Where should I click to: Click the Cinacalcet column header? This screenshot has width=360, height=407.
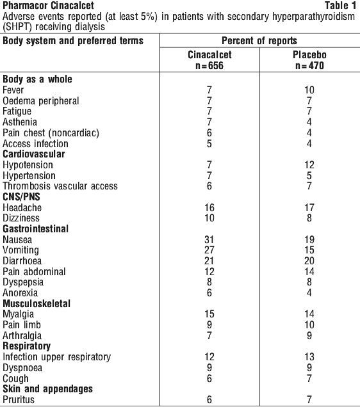click(209, 60)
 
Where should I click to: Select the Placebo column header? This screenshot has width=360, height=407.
click(309, 60)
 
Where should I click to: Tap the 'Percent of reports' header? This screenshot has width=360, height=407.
click(259, 41)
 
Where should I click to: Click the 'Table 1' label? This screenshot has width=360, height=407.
click(340, 6)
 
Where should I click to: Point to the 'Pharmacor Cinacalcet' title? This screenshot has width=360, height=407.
click(48, 6)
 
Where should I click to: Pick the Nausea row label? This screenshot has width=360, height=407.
click(17, 239)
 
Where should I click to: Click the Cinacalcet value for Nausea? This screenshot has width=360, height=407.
click(209, 239)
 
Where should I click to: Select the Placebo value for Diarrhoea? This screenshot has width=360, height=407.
click(309, 261)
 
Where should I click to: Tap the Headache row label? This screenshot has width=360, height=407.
click(22, 207)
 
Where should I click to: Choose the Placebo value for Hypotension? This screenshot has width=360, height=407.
click(309, 165)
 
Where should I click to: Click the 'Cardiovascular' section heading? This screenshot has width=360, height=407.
click(34, 154)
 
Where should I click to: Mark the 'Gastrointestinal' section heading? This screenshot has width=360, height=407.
click(36, 229)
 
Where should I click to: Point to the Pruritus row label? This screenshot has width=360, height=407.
click(19, 399)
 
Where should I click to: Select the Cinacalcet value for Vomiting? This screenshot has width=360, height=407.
click(209, 250)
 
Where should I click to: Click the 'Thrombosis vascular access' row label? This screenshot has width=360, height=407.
click(60, 186)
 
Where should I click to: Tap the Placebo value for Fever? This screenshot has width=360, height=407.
click(309, 90)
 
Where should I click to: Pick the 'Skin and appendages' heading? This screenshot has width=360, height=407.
click(47, 389)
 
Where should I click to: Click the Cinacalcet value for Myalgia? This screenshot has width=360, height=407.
click(209, 314)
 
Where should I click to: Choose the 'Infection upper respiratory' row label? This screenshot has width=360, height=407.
click(56, 357)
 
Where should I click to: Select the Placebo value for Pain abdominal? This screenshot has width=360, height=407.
click(309, 271)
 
